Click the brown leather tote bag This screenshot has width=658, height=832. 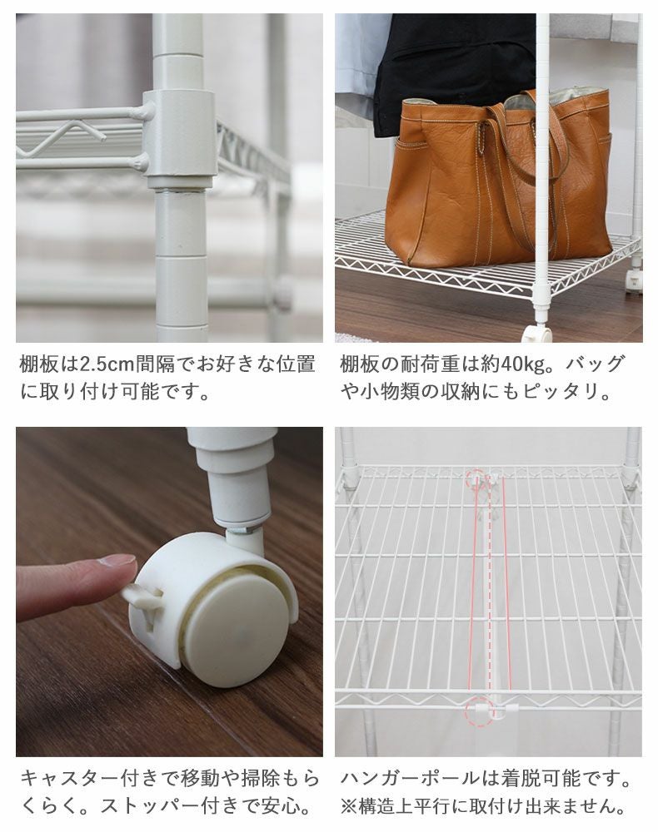(498, 181)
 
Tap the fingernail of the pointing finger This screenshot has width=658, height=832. (118, 560)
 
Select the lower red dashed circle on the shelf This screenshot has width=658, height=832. (478, 711)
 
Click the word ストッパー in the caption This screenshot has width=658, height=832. (151, 806)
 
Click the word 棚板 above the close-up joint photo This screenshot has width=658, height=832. (39, 364)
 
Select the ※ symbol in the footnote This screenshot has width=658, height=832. (349, 806)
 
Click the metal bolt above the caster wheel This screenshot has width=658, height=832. (245, 530)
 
